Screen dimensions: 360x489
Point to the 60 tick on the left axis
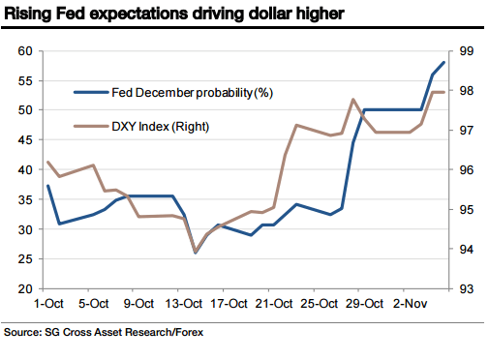click(26, 50)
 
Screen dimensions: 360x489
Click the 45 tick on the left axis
click(26, 139)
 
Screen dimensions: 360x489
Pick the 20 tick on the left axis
click(26, 288)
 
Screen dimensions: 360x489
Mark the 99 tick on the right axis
click(465, 50)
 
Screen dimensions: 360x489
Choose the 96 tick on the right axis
click(465, 169)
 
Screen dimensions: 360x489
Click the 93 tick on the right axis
click(465, 288)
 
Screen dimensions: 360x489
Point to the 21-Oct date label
click(274, 304)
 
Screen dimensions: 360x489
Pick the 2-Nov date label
click(413, 304)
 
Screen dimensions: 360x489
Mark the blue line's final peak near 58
click(444, 62)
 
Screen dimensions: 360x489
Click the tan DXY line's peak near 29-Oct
click(352, 99)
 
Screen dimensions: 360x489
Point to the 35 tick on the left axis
click(26, 199)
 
